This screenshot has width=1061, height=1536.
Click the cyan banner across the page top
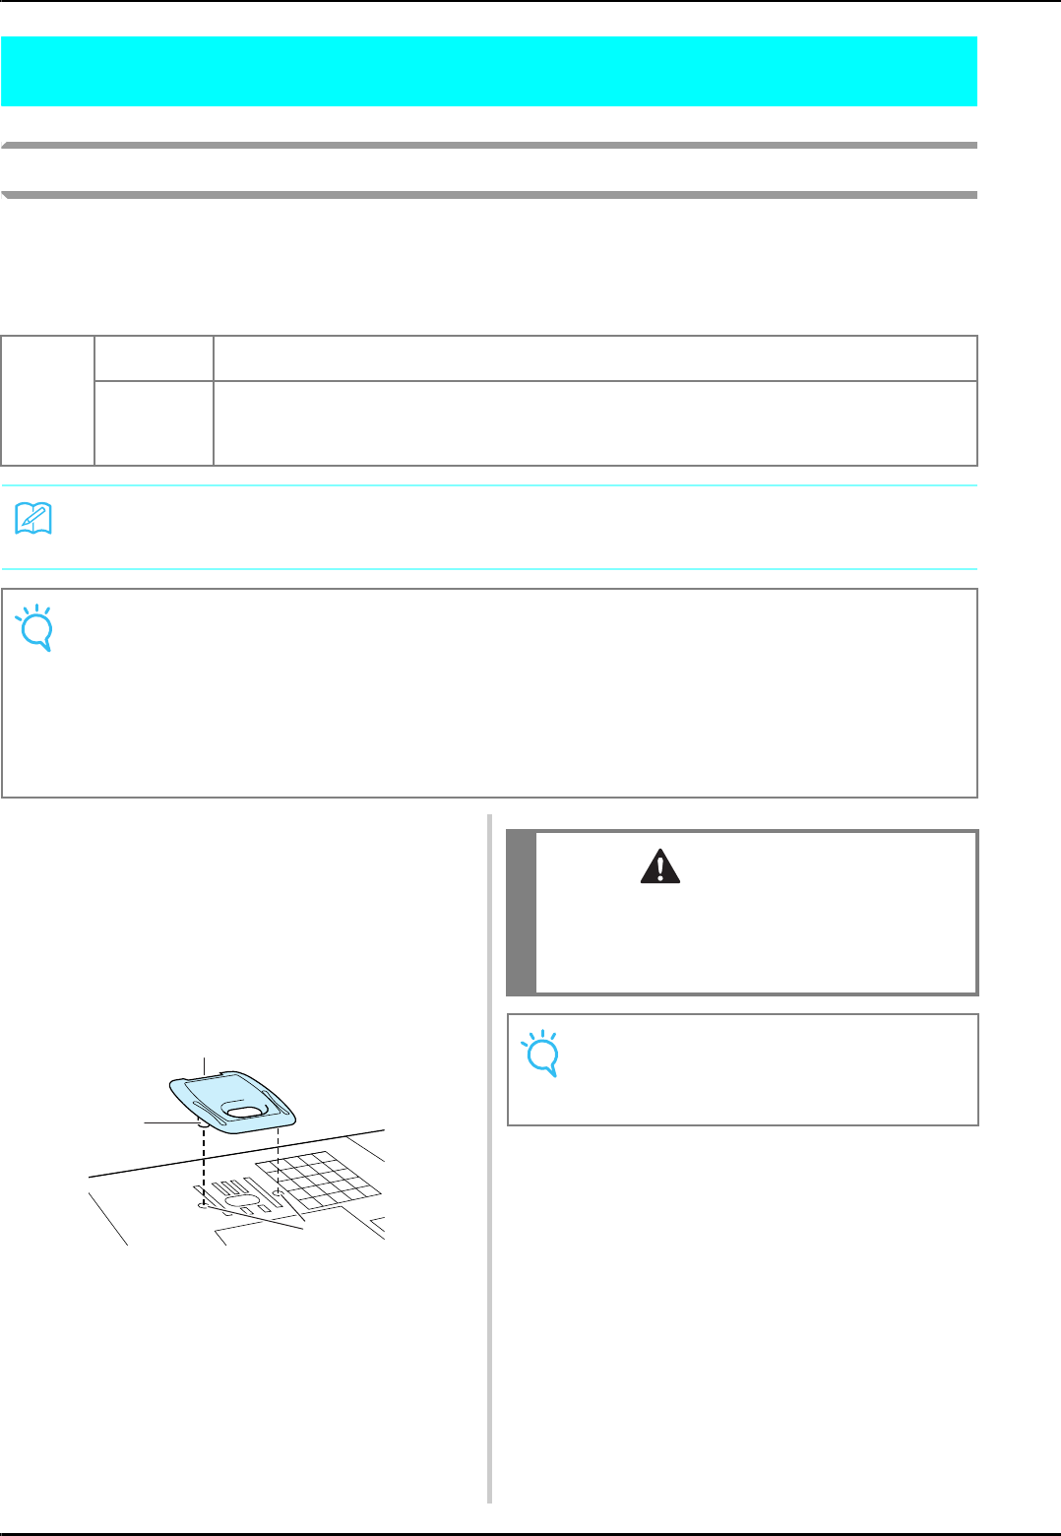click(x=489, y=71)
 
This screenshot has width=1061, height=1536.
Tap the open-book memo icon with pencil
click(x=34, y=519)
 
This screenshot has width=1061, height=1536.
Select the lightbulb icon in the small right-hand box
click(x=541, y=1054)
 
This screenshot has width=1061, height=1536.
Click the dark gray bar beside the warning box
click(x=522, y=912)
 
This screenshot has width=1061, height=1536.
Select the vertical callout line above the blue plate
click(x=204, y=1065)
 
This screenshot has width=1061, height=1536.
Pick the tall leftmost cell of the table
click(x=48, y=401)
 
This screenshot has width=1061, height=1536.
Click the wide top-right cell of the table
click(x=594, y=358)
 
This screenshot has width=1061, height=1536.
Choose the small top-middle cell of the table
click(x=154, y=358)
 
